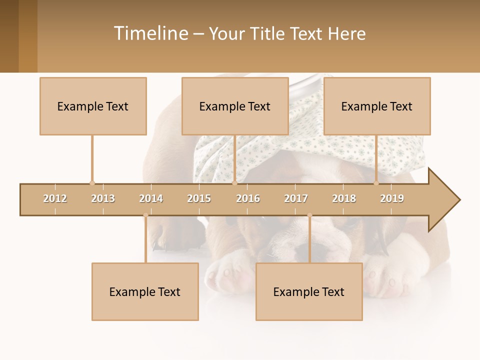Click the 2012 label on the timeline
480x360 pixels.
click(55, 198)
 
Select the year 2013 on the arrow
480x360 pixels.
click(103, 198)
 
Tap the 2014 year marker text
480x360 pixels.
click(151, 198)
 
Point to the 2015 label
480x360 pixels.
click(199, 198)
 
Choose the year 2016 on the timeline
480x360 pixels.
click(248, 198)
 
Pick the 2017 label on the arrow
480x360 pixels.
click(296, 198)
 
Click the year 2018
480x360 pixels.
click(344, 198)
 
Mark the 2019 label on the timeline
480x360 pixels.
click(392, 198)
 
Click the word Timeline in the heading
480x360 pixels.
click(150, 33)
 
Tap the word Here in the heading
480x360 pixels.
click(346, 33)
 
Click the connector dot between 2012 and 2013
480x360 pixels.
click(92, 183)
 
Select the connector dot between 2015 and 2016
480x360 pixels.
click(234, 183)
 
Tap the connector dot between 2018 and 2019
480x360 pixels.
click(376, 183)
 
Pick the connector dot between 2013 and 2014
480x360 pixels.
click(145, 215)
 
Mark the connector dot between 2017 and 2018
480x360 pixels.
click(309, 215)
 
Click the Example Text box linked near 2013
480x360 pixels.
click(93, 106)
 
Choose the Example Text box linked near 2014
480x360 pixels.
click(145, 291)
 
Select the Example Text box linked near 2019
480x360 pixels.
click(377, 106)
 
